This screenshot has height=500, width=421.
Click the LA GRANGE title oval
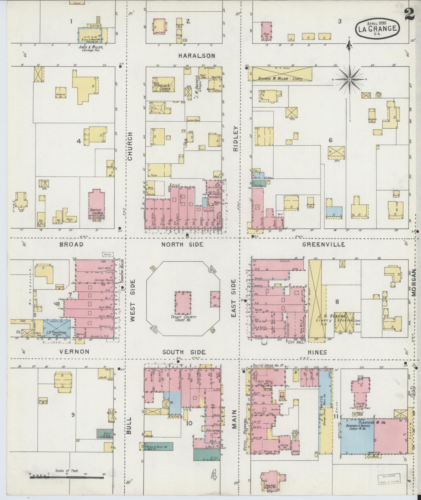click(x=377, y=29)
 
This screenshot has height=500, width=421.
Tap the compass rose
click(x=349, y=79)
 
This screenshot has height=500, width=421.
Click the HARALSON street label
click(x=197, y=55)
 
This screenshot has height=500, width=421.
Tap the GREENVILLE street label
click(x=323, y=244)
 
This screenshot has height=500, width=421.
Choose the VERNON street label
click(x=74, y=352)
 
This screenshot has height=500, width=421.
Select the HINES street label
click(x=317, y=352)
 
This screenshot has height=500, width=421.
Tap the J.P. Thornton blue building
click(x=57, y=328)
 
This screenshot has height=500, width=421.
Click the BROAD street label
click(x=71, y=244)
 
